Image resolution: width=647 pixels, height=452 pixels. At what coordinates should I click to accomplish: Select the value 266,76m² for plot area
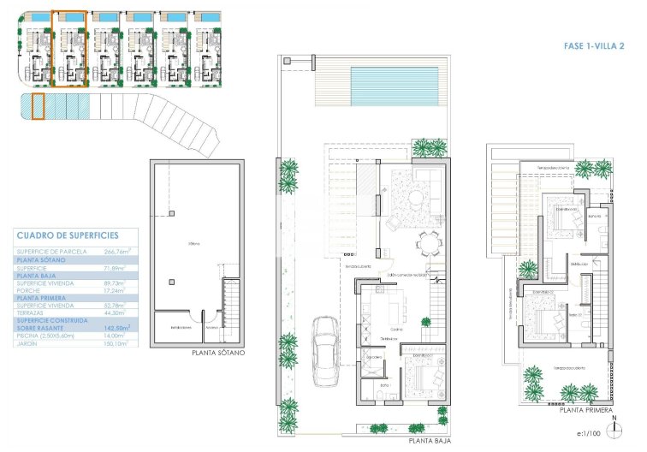click(x=112, y=252)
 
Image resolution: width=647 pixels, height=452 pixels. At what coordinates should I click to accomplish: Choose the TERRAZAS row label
click(x=33, y=312)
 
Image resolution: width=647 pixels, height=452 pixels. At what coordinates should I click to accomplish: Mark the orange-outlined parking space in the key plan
click(x=37, y=107)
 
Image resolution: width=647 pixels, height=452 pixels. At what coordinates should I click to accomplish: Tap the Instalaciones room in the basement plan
click(x=180, y=328)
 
